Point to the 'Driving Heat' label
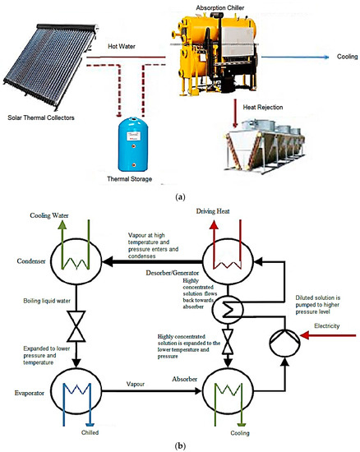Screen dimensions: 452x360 click(217, 213)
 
